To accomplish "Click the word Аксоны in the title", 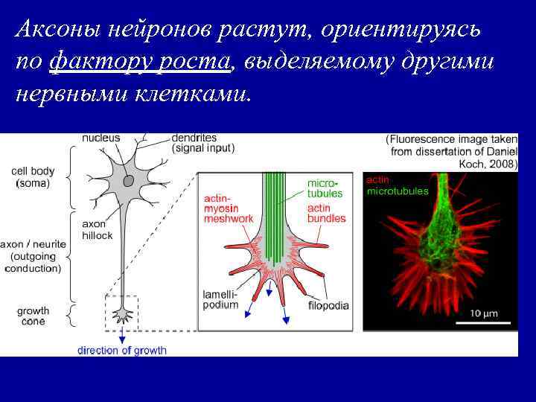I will click(x=57, y=29).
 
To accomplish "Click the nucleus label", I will click(x=100, y=138).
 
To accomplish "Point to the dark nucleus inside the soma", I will click(x=129, y=179).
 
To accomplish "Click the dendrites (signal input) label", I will click(x=202, y=143).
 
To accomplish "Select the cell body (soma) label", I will click(x=31, y=177).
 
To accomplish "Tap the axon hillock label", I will click(x=97, y=229).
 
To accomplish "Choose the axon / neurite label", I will click(x=33, y=256).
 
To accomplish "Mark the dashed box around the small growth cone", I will click(x=122, y=312).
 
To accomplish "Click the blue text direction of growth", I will click(x=122, y=350).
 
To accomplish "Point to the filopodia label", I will click(x=328, y=305).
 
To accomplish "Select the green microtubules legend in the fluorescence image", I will click(x=398, y=191).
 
